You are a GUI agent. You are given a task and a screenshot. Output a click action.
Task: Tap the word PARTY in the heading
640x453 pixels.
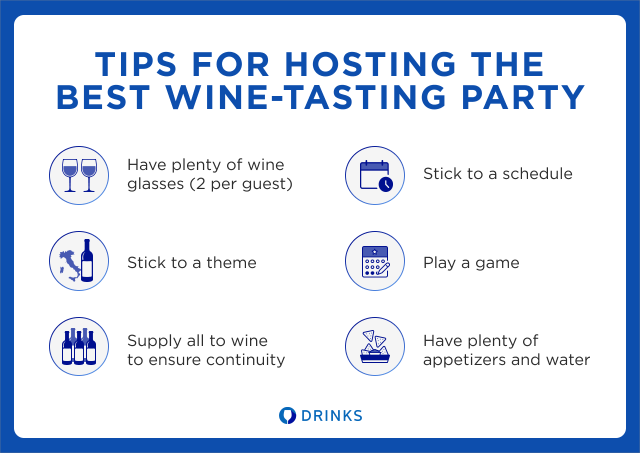click(x=523, y=97)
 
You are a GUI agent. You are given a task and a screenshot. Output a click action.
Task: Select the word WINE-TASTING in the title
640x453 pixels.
click(x=306, y=97)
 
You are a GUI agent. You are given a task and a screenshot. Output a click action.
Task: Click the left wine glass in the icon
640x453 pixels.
click(x=69, y=175)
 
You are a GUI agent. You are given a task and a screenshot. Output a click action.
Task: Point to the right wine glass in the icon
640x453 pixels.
click(x=89, y=175)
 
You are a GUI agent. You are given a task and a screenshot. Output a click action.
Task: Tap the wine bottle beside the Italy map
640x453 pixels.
click(x=87, y=260)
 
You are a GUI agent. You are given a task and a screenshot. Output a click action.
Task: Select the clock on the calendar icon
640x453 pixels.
click(x=385, y=184)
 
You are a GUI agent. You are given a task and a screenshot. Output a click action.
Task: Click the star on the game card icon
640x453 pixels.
click(x=374, y=251)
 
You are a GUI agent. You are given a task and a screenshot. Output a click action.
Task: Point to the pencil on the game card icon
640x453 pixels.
click(x=383, y=269)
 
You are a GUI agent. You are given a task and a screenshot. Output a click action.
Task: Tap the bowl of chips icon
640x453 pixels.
click(x=375, y=346)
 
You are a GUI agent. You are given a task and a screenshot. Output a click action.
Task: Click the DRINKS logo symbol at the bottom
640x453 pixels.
click(x=287, y=415)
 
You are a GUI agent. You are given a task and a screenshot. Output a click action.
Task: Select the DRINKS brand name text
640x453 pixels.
click(x=332, y=416)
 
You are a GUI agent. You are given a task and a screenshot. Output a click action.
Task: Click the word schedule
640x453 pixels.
click(x=537, y=173)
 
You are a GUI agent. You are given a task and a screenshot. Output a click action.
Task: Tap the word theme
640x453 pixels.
click(x=231, y=262)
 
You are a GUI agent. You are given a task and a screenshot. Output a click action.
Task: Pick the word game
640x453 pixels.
click(x=497, y=263)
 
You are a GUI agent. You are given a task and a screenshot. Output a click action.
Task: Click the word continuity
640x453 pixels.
click(x=245, y=359)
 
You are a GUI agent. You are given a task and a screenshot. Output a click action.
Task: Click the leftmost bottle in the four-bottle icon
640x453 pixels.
click(x=67, y=348)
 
